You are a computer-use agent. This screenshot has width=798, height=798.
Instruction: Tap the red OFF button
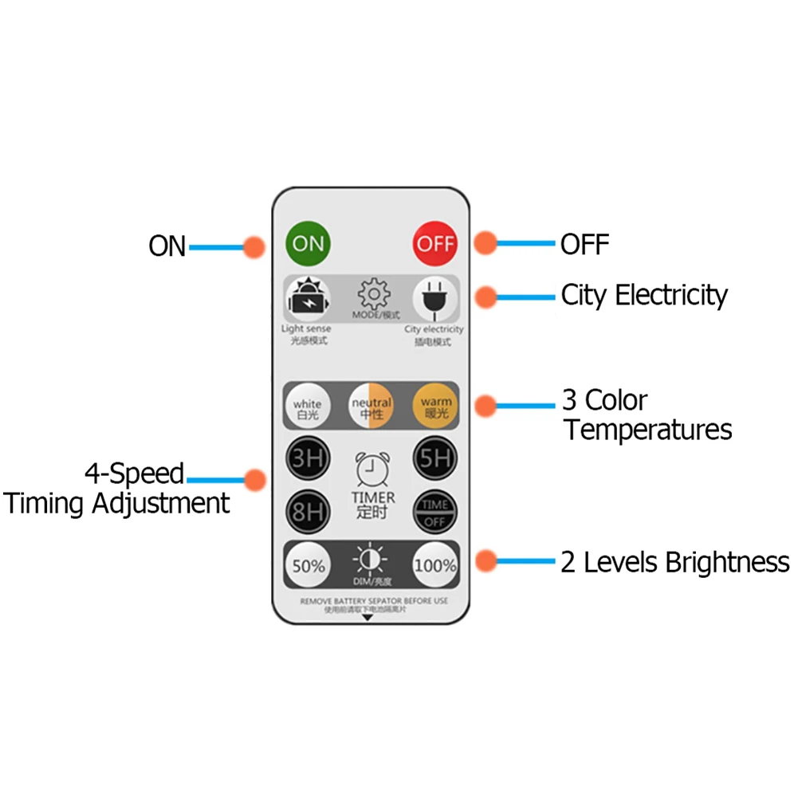point(435,243)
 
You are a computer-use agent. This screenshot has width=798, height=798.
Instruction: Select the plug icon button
point(434,300)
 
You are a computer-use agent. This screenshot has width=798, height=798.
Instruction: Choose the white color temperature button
point(307,407)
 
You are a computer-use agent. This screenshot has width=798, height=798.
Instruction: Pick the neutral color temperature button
point(371,407)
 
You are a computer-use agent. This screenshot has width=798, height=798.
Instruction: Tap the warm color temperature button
point(434,407)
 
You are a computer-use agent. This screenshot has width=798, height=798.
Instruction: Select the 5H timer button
point(434,458)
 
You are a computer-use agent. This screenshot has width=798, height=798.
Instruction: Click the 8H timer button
point(307,511)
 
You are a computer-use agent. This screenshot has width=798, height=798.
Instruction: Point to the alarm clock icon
point(371,470)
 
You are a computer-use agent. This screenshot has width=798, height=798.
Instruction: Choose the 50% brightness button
point(307,566)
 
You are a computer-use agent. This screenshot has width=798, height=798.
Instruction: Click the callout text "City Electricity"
point(644,295)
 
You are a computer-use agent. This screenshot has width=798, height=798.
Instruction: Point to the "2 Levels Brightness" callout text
point(674,562)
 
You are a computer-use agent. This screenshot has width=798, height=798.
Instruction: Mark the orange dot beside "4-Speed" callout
point(255,480)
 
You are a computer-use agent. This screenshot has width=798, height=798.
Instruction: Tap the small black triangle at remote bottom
point(368,617)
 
